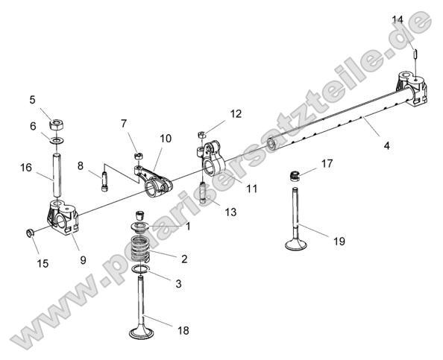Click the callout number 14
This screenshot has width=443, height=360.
click(x=397, y=19)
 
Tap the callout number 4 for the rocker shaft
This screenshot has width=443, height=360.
click(x=386, y=146)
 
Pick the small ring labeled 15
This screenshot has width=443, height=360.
click(x=31, y=235)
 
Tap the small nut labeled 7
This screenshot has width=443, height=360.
click(x=137, y=156)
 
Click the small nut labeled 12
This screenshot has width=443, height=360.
click(x=202, y=134)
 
